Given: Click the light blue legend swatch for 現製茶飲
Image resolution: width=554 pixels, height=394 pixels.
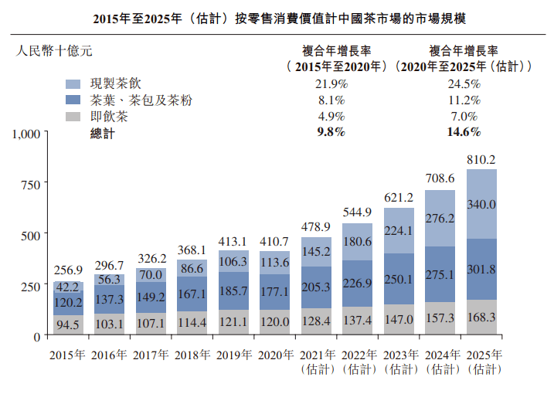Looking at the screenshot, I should click(x=73, y=83).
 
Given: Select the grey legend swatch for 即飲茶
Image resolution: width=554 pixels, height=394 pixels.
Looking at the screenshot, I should click(x=73, y=117).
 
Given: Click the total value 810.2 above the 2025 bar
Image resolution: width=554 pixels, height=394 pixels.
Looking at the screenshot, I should click(x=481, y=160).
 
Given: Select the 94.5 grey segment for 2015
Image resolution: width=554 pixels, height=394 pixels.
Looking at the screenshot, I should click(x=69, y=324).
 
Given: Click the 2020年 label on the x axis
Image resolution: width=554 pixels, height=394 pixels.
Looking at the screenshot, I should click(x=274, y=355).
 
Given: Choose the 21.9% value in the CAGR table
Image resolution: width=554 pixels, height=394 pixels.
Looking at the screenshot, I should click(x=331, y=83).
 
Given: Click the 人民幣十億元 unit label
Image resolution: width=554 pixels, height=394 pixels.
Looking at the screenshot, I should click(x=53, y=52).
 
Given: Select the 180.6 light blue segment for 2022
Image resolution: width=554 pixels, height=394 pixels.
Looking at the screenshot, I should click(x=357, y=241).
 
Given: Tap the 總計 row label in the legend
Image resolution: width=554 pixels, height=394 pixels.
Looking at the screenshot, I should click(x=102, y=133).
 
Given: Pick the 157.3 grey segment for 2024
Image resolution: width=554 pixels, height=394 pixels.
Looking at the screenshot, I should click(x=440, y=318).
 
